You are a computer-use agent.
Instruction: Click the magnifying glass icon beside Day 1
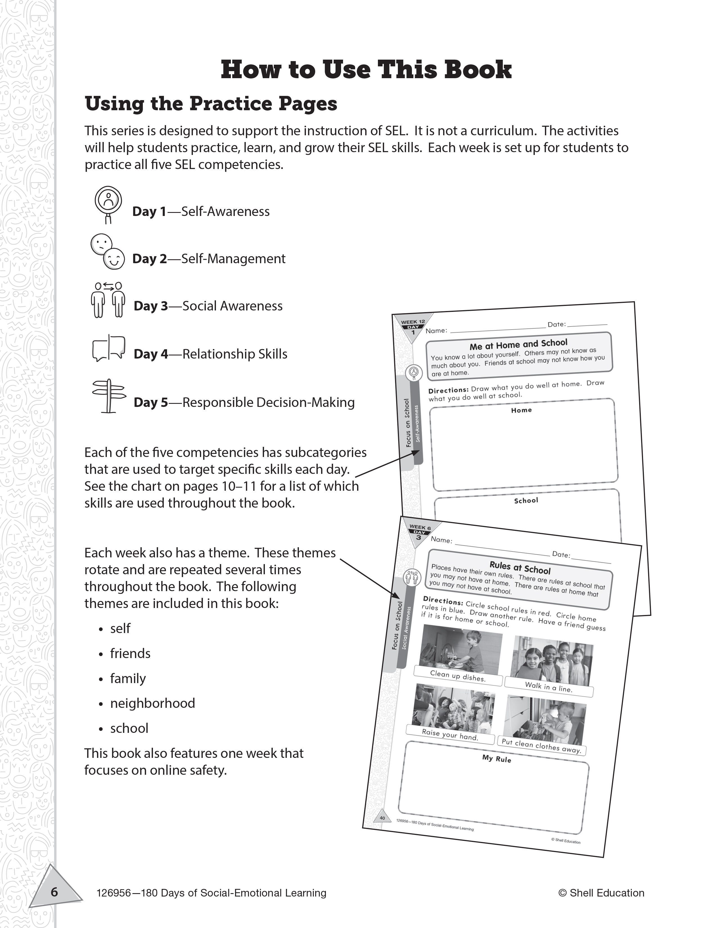click(108, 204)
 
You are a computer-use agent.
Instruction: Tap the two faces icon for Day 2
click(107, 252)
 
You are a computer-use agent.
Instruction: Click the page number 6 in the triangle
click(54, 891)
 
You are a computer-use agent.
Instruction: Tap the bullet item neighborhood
click(152, 703)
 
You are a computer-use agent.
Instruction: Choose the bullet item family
click(128, 678)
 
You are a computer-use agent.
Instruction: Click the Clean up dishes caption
click(457, 675)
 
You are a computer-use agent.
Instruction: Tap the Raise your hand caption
click(450, 734)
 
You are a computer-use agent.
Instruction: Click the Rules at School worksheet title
click(520, 567)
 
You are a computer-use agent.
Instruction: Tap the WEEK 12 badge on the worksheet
click(412, 322)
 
